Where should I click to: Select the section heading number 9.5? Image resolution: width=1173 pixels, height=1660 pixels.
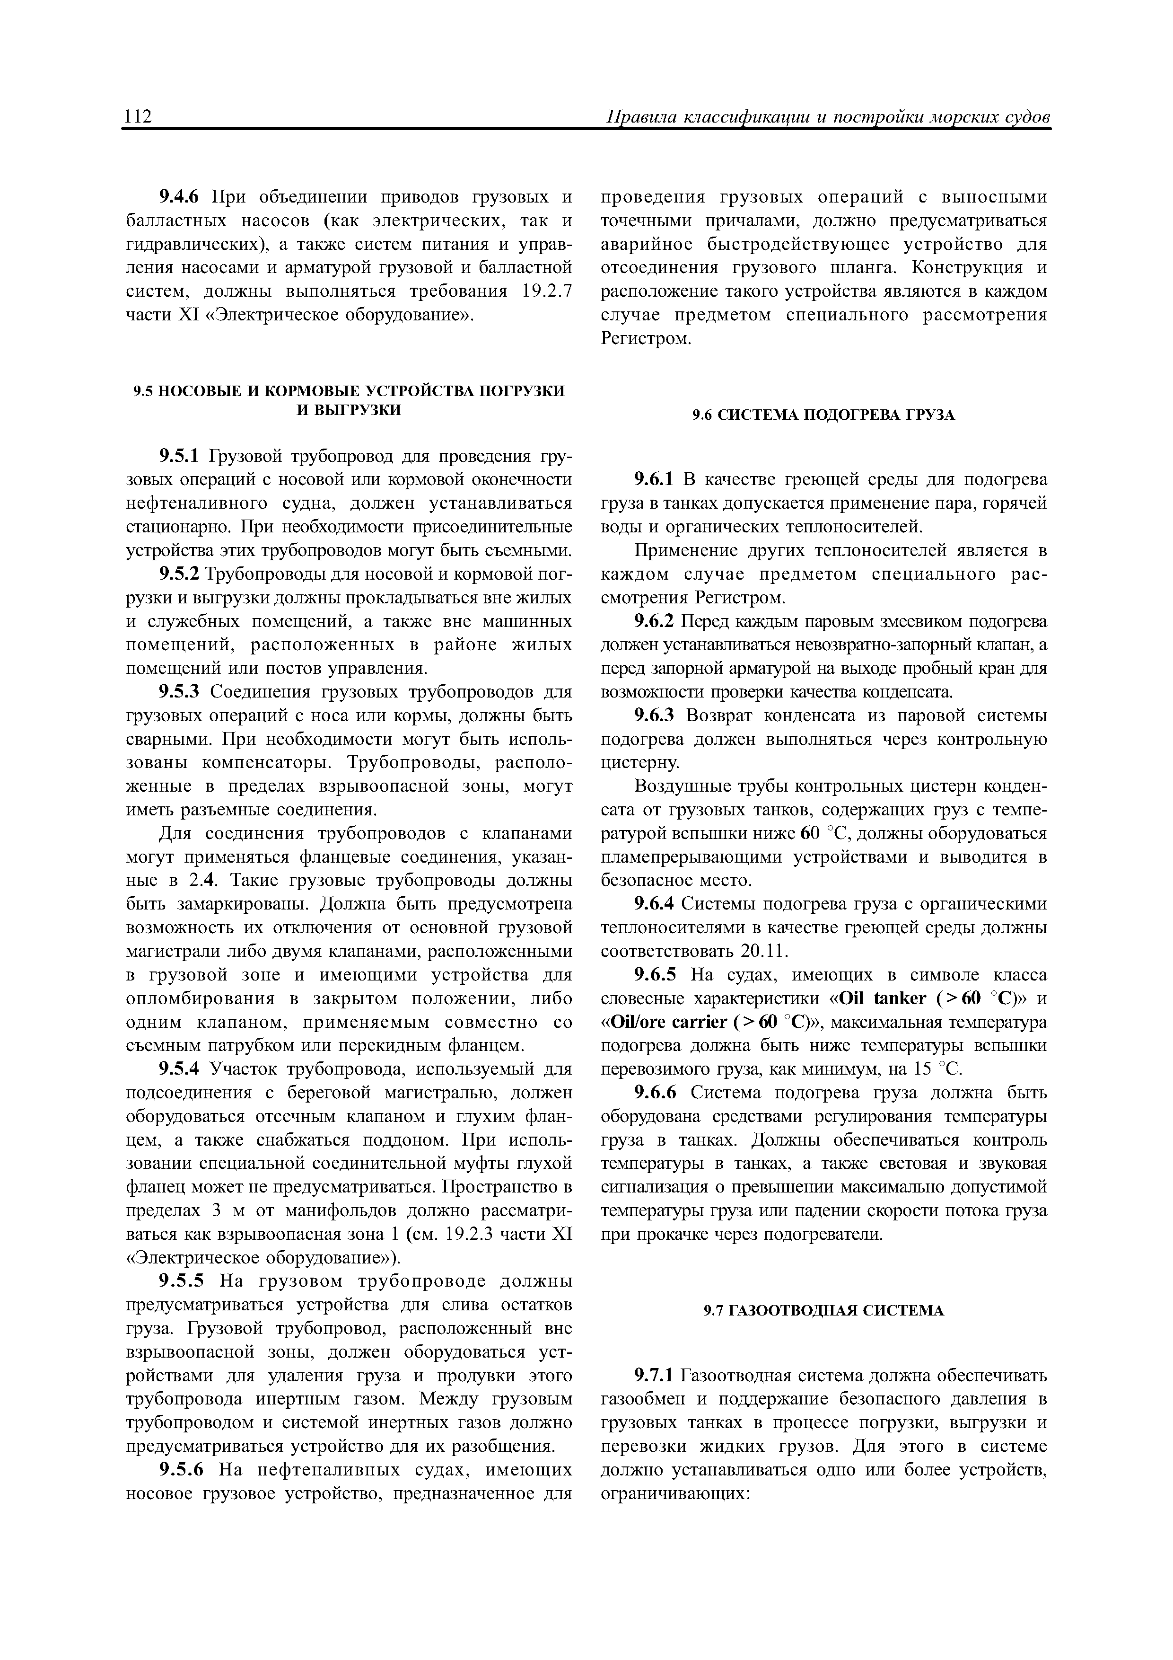tap(144, 390)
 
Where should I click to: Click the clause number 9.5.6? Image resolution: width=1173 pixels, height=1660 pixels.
tap(182, 1470)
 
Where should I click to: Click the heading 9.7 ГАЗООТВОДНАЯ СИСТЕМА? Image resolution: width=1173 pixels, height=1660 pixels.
tap(824, 1311)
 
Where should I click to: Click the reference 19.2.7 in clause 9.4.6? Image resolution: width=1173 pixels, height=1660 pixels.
tap(546, 291)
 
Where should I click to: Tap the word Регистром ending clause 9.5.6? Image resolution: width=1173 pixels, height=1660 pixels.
tap(646, 339)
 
